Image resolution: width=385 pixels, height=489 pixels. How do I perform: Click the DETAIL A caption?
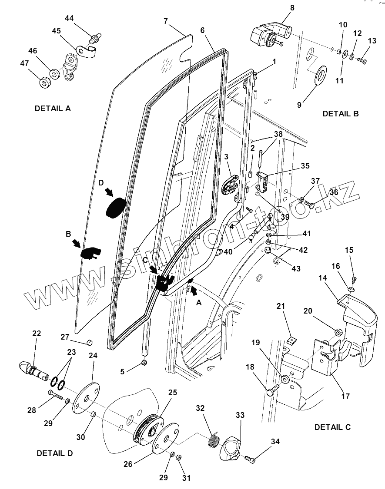[53, 109]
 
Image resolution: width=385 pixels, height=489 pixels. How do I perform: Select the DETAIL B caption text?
[340, 114]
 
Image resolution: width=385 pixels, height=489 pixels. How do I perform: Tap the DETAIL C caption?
[332, 427]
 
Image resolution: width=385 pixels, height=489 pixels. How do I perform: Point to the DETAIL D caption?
[55, 453]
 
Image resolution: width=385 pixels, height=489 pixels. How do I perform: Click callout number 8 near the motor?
[292, 7]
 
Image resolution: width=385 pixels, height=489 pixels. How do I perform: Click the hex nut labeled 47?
[44, 82]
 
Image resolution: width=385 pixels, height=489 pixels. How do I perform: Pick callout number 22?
[37, 334]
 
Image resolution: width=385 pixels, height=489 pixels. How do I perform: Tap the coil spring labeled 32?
[213, 440]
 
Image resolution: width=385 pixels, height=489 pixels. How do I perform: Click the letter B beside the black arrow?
[68, 234]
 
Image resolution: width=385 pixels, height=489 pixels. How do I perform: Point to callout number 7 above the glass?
[165, 21]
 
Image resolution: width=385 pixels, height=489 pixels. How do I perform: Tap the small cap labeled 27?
[89, 342]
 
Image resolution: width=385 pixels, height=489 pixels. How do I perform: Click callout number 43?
[296, 269]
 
